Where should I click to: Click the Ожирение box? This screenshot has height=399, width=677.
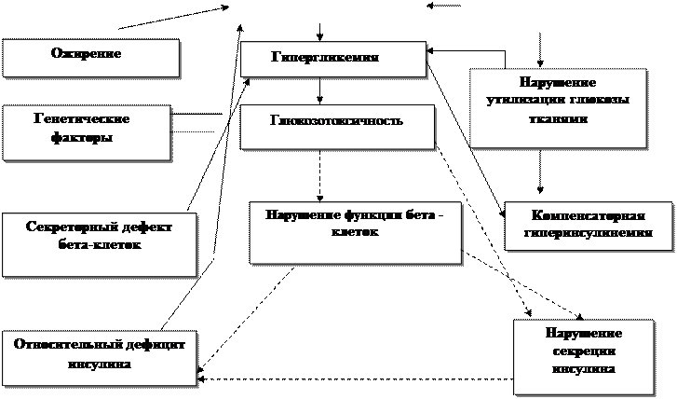[x=90, y=58]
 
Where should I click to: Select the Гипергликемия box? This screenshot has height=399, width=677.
[x=332, y=59]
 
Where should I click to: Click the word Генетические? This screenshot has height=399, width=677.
[x=80, y=120]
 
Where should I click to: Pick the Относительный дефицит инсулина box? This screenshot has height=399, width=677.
[x=99, y=354]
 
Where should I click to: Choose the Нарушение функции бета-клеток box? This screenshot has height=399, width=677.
[x=355, y=229]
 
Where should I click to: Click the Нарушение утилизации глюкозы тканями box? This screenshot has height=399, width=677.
[x=558, y=106]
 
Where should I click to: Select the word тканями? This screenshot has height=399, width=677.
[x=558, y=118]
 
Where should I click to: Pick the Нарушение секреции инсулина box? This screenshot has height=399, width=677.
[x=583, y=357]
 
